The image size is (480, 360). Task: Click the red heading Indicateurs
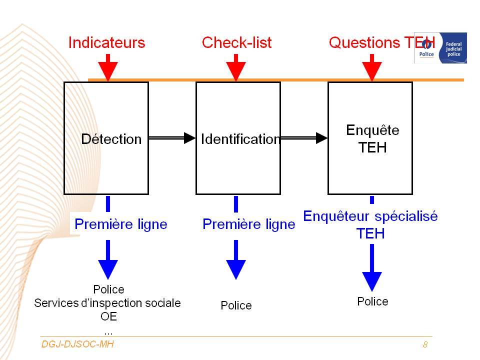point(106,42)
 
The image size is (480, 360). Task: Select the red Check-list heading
point(236,42)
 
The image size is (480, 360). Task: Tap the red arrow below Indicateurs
point(108,67)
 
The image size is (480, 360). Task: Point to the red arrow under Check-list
point(235,67)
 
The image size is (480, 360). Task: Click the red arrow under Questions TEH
point(371,67)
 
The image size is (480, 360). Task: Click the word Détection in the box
point(111,139)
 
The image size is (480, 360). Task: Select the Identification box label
point(240,139)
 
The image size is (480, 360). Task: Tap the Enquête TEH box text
point(372,138)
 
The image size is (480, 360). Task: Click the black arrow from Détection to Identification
point(171,138)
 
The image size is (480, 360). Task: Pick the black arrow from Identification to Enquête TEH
point(304,138)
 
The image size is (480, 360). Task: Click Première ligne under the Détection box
point(121,224)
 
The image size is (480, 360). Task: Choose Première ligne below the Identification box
point(249,224)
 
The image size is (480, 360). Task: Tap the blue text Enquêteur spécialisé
point(370,216)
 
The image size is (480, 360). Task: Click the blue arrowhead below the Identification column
point(235,269)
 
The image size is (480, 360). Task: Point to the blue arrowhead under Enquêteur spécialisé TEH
point(371,281)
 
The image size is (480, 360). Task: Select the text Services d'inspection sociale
point(107,303)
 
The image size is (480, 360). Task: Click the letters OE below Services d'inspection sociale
point(108,316)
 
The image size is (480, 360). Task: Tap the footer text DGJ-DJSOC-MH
point(77,344)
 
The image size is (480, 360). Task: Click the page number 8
point(425,344)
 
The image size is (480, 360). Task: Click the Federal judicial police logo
point(440,48)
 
